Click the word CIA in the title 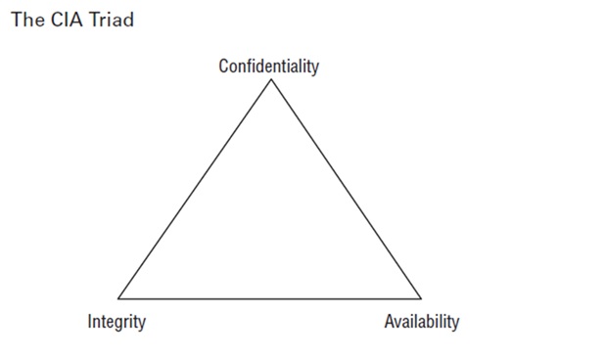(x=58, y=20)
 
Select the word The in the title (x=23, y=20)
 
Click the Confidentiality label (x=268, y=67)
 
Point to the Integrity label (x=116, y=321)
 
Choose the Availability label (x=421, y=321)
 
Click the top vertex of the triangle (x=271, y=79)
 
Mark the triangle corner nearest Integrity (x=118, y=297)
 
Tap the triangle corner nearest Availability (x=421, y=297)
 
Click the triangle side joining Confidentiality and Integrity (x=195, y=188)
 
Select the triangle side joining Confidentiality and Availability (x=347, y=188)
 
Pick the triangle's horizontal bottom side (x=269, y=297)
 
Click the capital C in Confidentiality (x=223, y=67)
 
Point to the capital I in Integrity (x=90, y=321)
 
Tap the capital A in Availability (x=389, y=321)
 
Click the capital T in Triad (x=85, y=20)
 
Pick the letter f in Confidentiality (x=251, y=67)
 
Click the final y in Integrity (x=142, y=323)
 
